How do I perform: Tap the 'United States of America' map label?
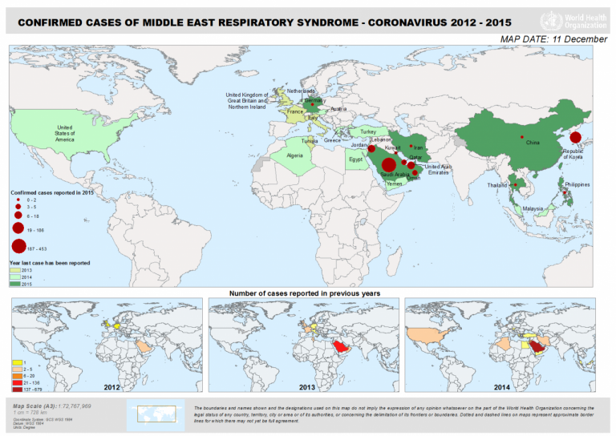(65, 133)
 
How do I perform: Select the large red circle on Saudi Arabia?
(389, 165)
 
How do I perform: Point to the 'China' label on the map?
(533, 143)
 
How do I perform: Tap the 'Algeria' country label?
(295, 155)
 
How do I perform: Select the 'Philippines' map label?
(577, 184)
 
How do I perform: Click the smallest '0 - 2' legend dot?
(18, 199)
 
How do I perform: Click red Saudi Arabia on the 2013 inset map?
(340, 346)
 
